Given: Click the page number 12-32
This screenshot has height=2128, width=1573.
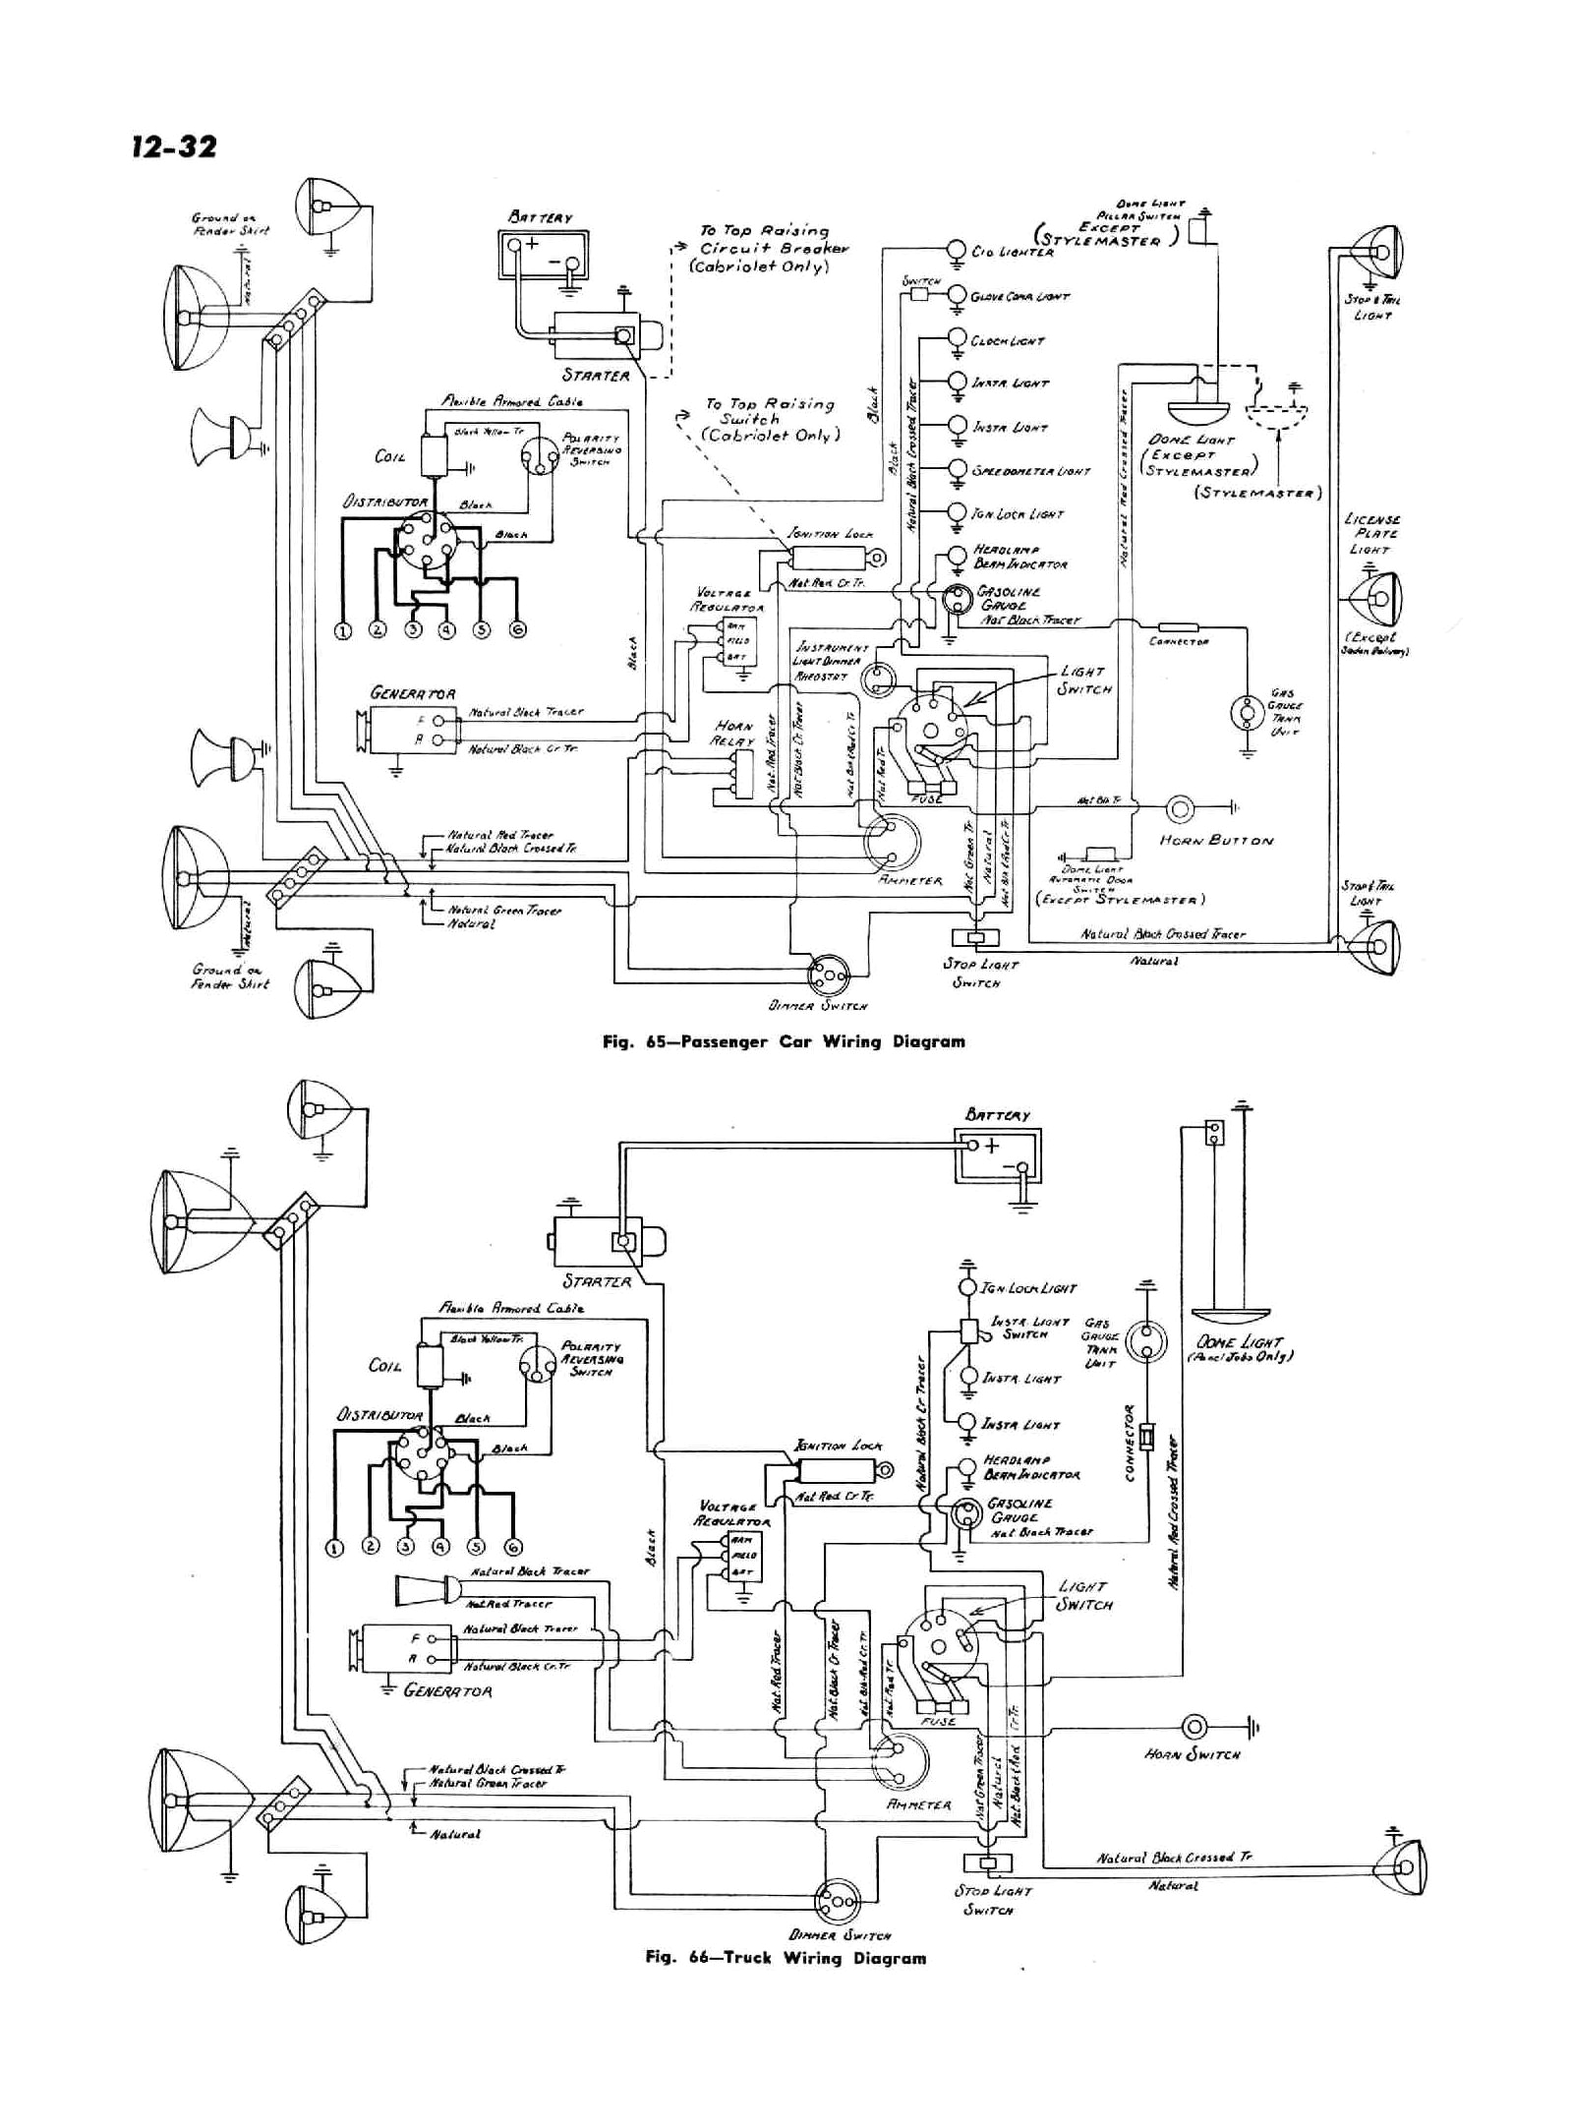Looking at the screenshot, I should coord(171,147).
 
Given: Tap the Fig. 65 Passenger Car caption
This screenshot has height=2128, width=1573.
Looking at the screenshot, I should coord(784,1041).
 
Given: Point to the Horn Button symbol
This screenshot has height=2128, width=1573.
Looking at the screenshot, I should coord(1180,809).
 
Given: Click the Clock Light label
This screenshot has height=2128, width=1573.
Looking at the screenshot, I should coord(1007,340).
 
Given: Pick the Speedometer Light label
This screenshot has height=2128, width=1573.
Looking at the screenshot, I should coord(1031,471).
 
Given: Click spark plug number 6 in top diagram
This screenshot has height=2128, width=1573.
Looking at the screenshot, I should coord(517,630).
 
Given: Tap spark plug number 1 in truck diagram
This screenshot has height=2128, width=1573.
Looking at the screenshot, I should coord(334,1547).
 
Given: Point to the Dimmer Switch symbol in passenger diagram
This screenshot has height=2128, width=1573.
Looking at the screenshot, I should coord(827,975).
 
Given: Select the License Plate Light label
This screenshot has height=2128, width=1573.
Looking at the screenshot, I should coord(1371,534).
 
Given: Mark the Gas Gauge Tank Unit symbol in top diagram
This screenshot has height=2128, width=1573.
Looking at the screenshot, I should coord(1247,711).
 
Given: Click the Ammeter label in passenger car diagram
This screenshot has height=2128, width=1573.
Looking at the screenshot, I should coord(909,880).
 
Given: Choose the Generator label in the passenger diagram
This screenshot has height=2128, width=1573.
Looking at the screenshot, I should coord(412,693).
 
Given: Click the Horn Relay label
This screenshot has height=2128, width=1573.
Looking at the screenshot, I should coord(733,734).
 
